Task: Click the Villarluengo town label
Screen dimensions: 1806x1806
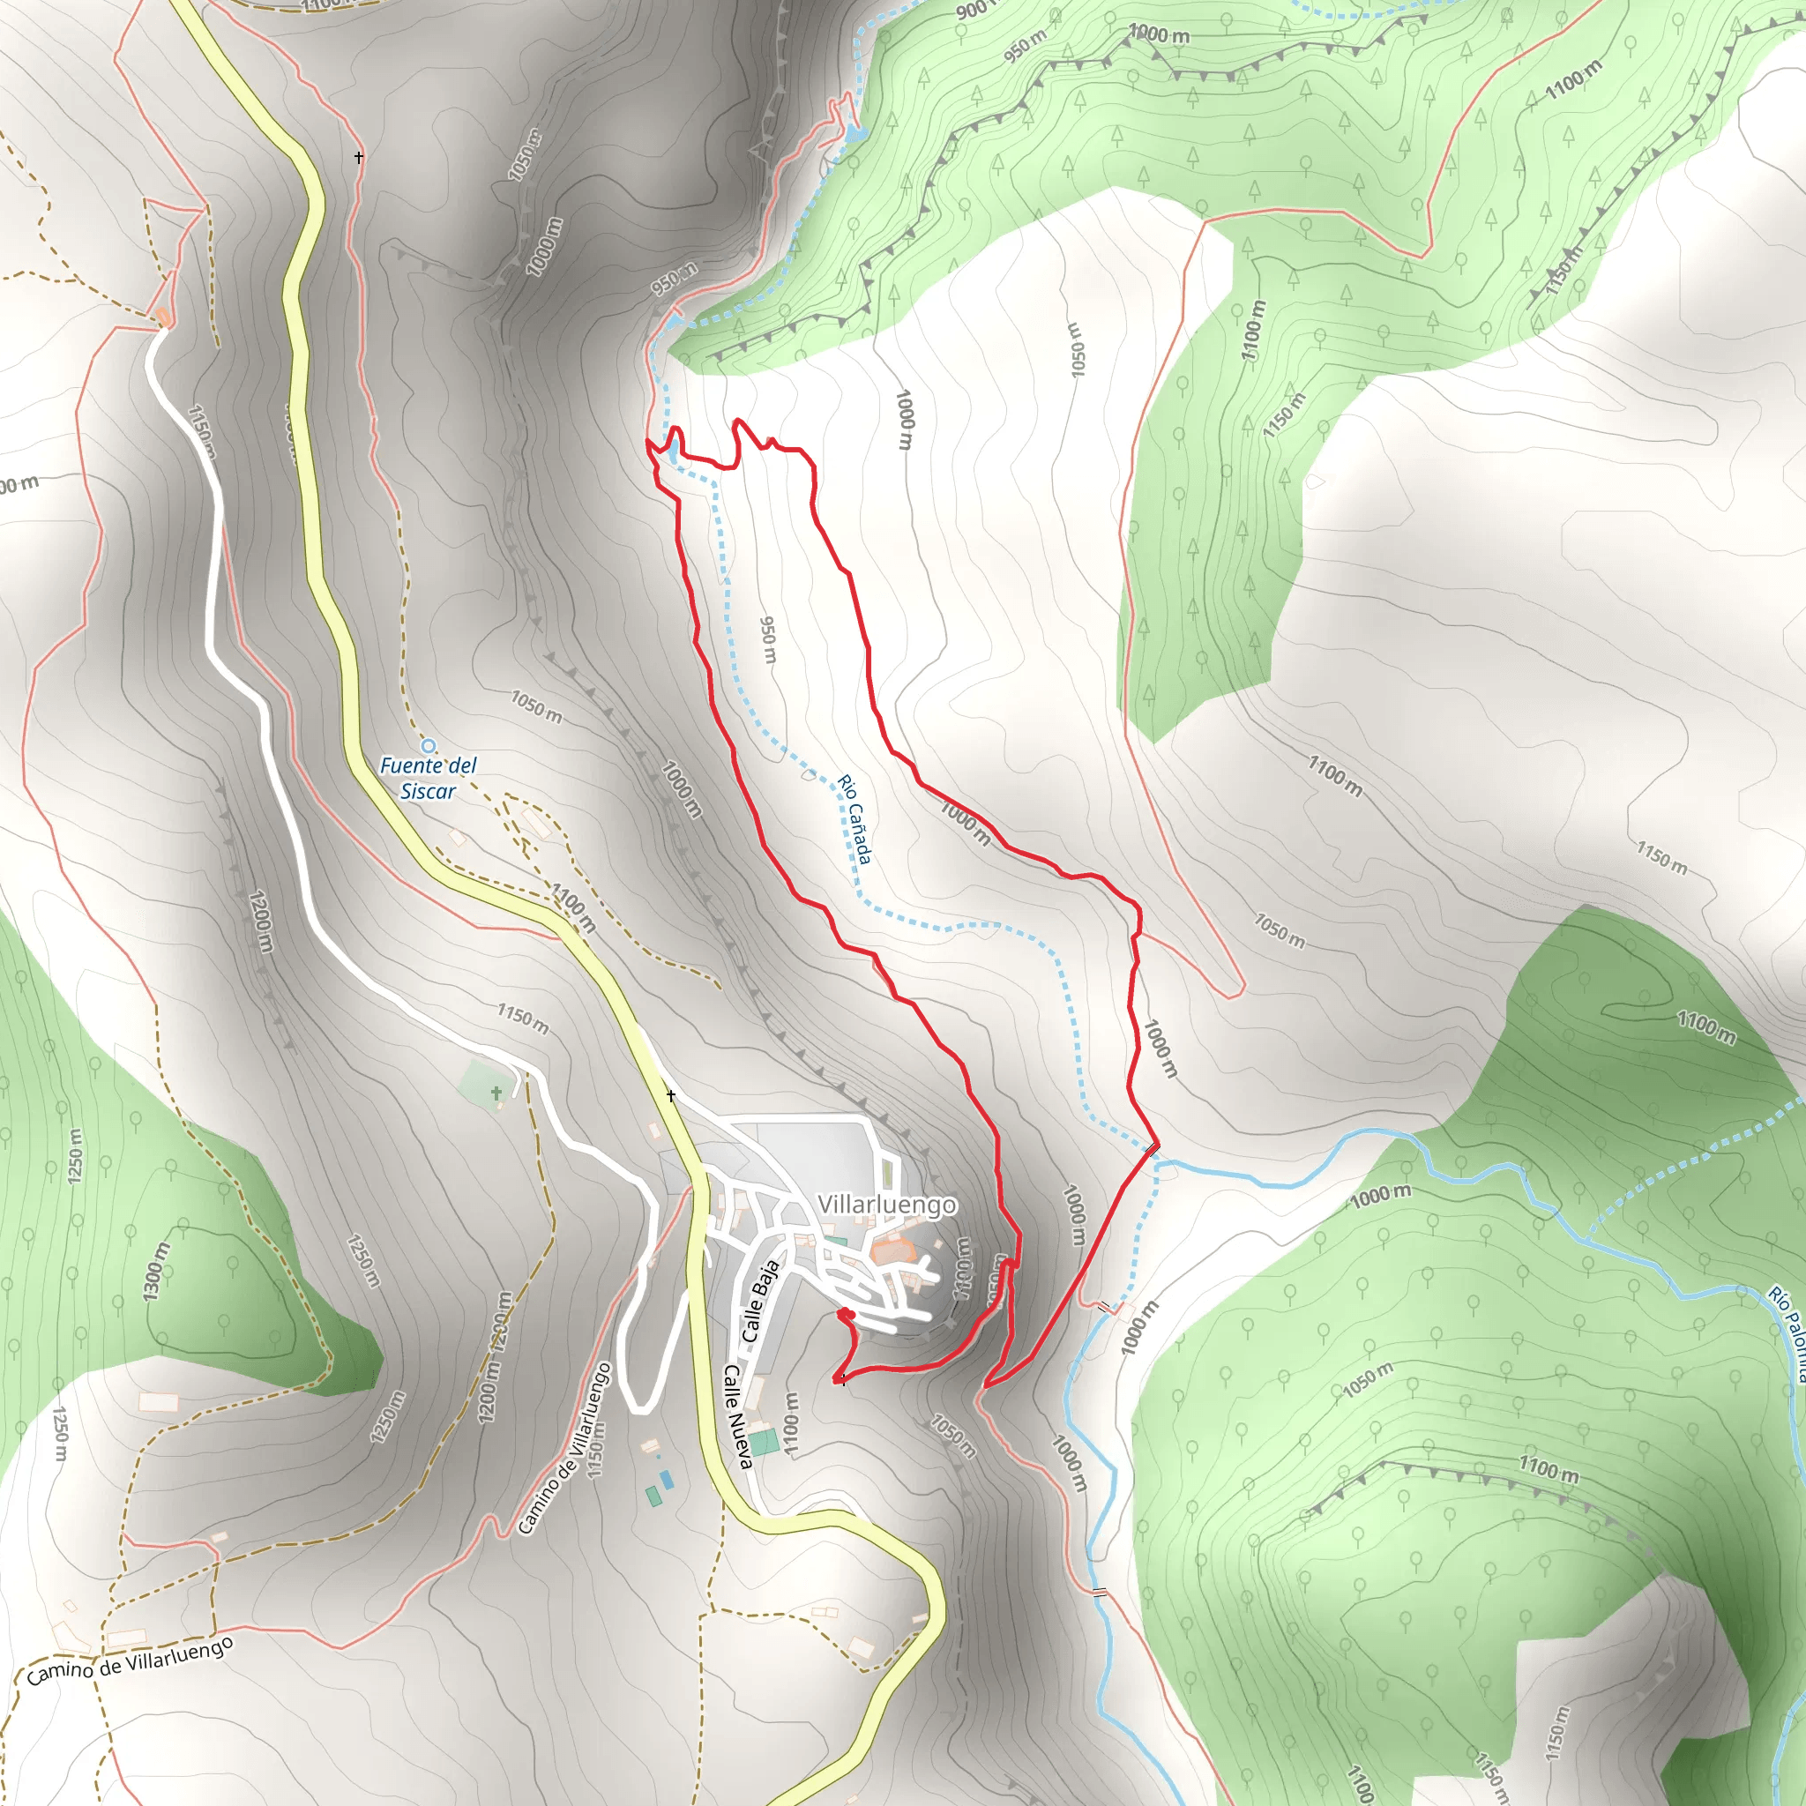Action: (x=886, y=1204)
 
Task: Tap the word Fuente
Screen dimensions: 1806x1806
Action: (x=410, y=765)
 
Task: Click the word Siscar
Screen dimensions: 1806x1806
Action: (x=427, y=792)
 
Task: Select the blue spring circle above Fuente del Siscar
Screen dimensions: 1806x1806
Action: (x=428, y=746)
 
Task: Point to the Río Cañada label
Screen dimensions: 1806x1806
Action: (x=854, y=819)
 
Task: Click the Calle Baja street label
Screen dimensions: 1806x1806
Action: (x=760, y=1302)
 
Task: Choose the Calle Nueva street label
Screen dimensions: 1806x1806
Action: (x=737, y=1416)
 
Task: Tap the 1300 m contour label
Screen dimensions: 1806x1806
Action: (x=156, y=1272)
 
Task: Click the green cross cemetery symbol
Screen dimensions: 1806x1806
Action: (x=496, y=1092)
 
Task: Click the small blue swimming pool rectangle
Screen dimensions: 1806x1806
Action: (x=666, y=1479)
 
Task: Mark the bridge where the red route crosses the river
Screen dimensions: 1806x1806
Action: (x=1152, y=1149)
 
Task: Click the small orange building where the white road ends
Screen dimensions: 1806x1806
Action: (x=162, y=317)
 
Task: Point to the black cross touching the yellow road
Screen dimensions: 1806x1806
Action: (x=670, y=1094)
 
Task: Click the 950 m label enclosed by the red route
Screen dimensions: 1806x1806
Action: (x=767, y=639)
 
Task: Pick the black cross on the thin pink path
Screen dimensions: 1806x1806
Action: (x=359, y=158)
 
